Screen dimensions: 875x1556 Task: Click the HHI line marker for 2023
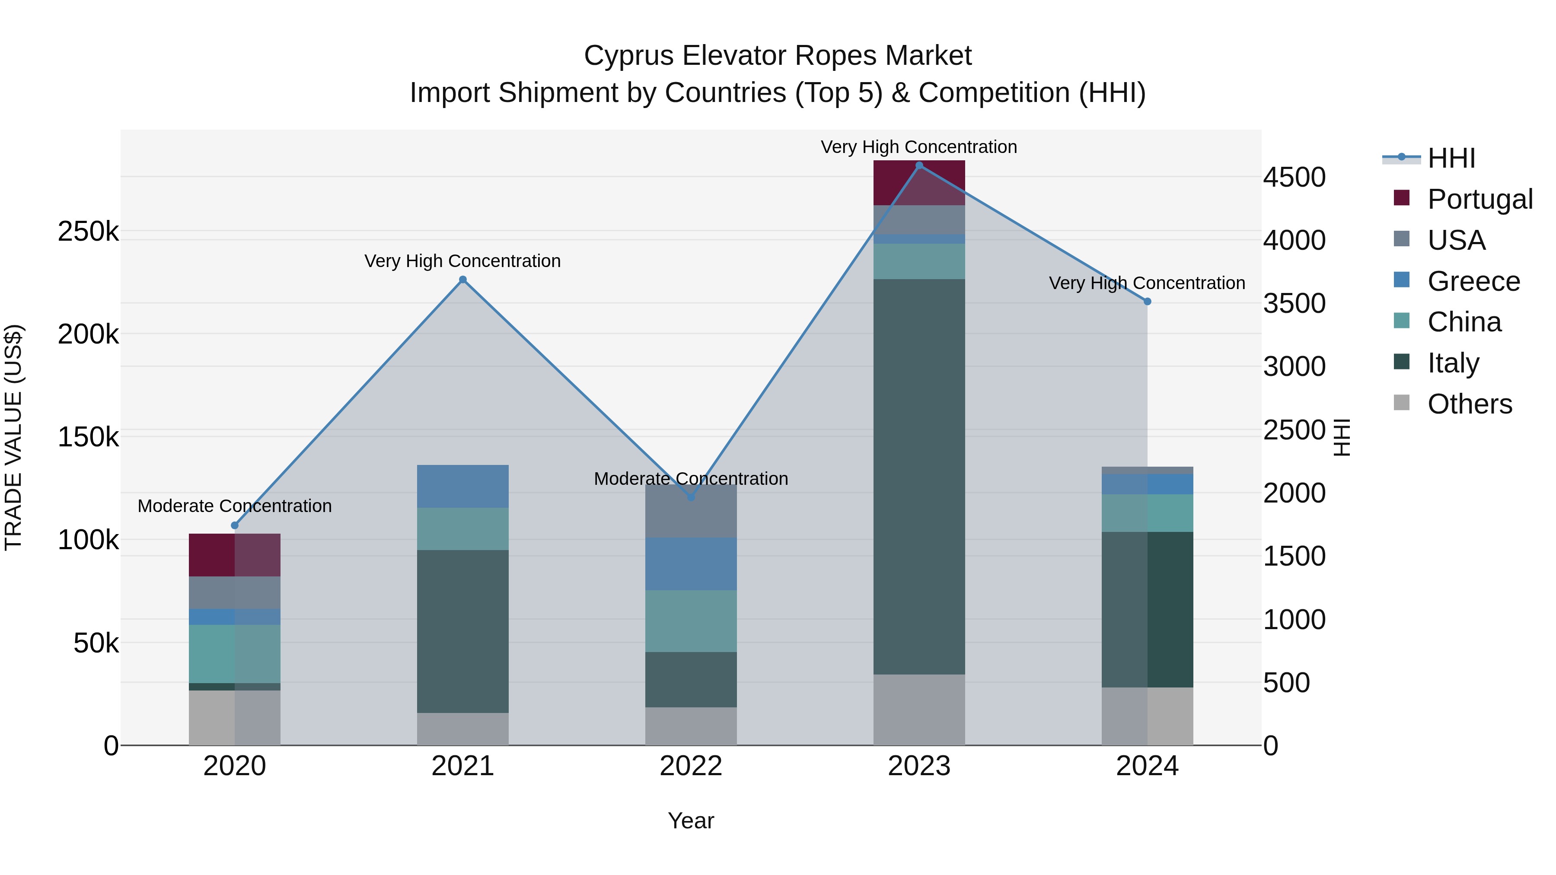pyautogui.click(x=919, y=165)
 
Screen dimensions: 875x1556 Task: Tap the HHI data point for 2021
pyautogui.click(x=462, y=279)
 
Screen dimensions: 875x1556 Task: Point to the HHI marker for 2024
pyautogui.click(x=1147, y=301)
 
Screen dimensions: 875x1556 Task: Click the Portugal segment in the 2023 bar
pyautogui.click(x=919, y=182)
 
